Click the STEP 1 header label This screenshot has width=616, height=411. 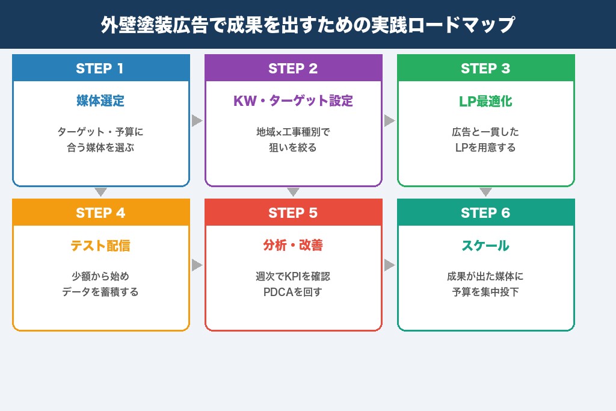(100, 69)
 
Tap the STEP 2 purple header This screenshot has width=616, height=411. (293, 69)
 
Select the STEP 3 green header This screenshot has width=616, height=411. (485, 69)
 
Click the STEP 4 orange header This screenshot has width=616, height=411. (100, 213)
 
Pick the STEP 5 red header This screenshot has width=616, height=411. (293, 213)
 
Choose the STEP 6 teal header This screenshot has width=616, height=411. (485, 213)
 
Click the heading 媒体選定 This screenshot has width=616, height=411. (100, 101)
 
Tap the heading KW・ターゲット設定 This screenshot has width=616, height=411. (293, 101)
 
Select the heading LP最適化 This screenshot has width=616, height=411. (485, 101)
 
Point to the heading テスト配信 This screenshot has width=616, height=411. (100, 246)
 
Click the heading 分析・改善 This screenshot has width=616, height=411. (293, 246)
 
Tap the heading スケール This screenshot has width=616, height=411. (485, 246)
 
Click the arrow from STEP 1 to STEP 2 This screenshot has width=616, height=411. (197, 121)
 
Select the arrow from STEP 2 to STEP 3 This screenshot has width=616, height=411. (389, 121)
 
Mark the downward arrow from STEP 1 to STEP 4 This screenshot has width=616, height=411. (100, 193)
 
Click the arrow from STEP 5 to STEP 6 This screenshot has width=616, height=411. (389, 265)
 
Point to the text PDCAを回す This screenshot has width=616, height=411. (293, 292)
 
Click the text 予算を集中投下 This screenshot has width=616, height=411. (485, 292)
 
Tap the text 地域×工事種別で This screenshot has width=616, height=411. (293, 132)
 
